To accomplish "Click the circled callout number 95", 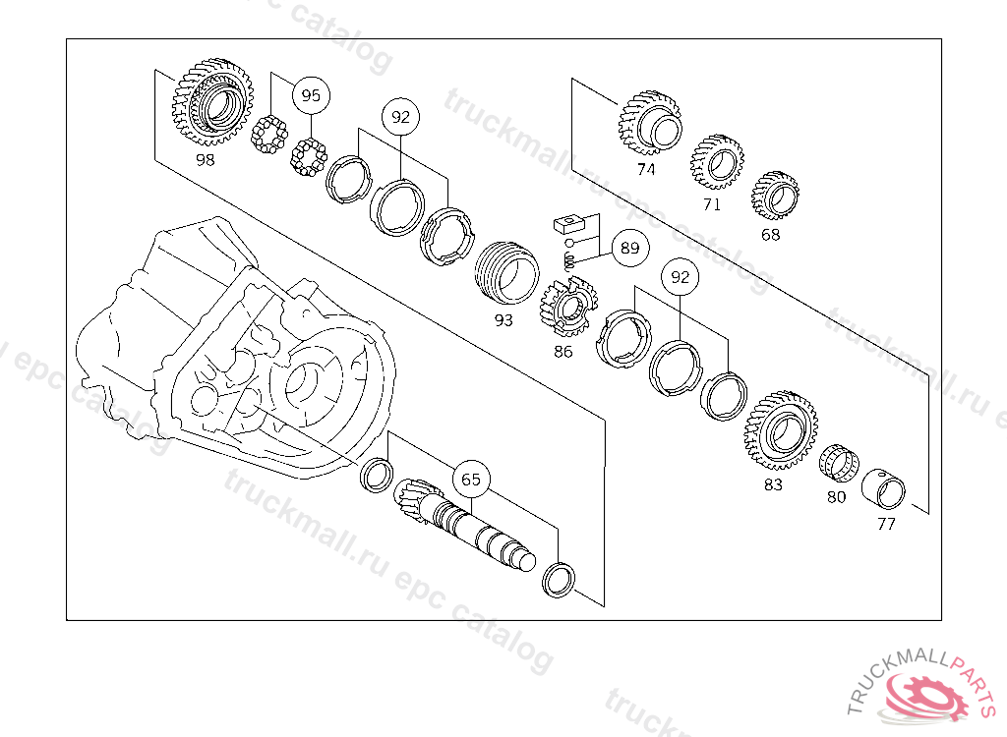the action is pyautogui.click(x=311, y=96).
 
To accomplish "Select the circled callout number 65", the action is pyautogui.click(x=471, y=480).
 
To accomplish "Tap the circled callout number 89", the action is pyautogui.click(x=629, y=249).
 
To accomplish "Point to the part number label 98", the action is pyautogui.click(x=205, y=159).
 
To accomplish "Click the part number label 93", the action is pyautogui.click(x=503, y=319).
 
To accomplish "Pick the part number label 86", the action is pyautogui.click(x=563, y=350).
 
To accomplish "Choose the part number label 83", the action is pyautogui.click(x=773, y=484).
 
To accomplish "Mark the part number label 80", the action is pyautogui.click(x=836, y=497).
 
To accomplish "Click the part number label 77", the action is pyautogui.click(x=886, y=524).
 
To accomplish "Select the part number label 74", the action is pyautogui.click(x=645, y=169).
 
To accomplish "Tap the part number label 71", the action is pyautogui.click(x=711, y=204).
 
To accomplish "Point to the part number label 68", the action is pyautogui.click(x=770, y=235).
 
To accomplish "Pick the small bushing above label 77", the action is pyautogui.click(x=891, y=488).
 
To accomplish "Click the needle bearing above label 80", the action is pyautogui.click(x=839, y=462).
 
